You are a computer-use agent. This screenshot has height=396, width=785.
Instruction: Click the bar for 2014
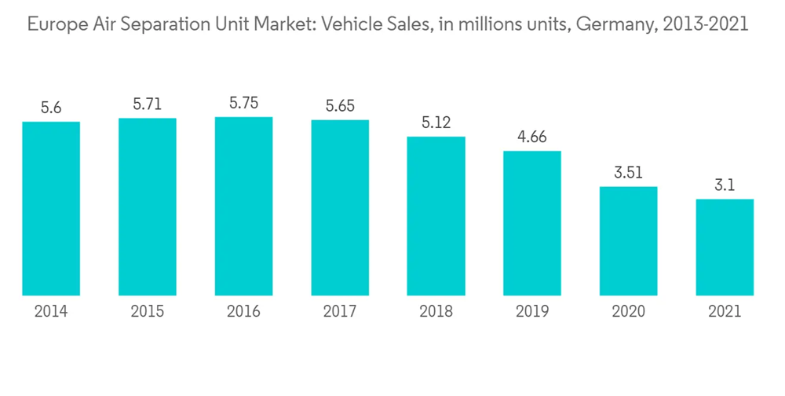pos(51,208)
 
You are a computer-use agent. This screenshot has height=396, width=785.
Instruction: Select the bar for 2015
pos(148,207)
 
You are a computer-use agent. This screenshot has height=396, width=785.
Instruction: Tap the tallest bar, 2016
pos(243,206)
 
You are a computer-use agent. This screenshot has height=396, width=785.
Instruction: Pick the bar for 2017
pos(340,207)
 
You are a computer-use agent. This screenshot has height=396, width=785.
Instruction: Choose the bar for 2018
pos(436,216)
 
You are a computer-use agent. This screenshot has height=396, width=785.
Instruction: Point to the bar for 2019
pos(532,223)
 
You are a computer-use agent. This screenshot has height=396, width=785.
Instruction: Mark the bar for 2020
pos(628,241)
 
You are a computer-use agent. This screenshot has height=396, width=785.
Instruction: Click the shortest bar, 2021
pos(725,247)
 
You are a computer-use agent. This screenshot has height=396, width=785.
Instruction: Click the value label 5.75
pos(243,103)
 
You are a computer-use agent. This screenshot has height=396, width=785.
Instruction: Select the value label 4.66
pos(532,137)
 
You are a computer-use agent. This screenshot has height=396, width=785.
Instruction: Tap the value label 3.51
pos(628,173)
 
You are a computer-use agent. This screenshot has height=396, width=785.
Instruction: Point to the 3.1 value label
pos(725,185)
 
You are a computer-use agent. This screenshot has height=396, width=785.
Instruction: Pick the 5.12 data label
pos(436,123)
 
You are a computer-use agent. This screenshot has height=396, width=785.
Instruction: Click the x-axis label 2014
pos(51,312)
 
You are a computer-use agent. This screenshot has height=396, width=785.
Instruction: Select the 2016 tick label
pos(243,312)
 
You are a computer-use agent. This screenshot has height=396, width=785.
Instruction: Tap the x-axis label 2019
pos(532,312)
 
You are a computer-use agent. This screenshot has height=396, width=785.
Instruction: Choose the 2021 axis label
pos(725,312)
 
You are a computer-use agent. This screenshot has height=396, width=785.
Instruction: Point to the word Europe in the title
pos(53,25)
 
